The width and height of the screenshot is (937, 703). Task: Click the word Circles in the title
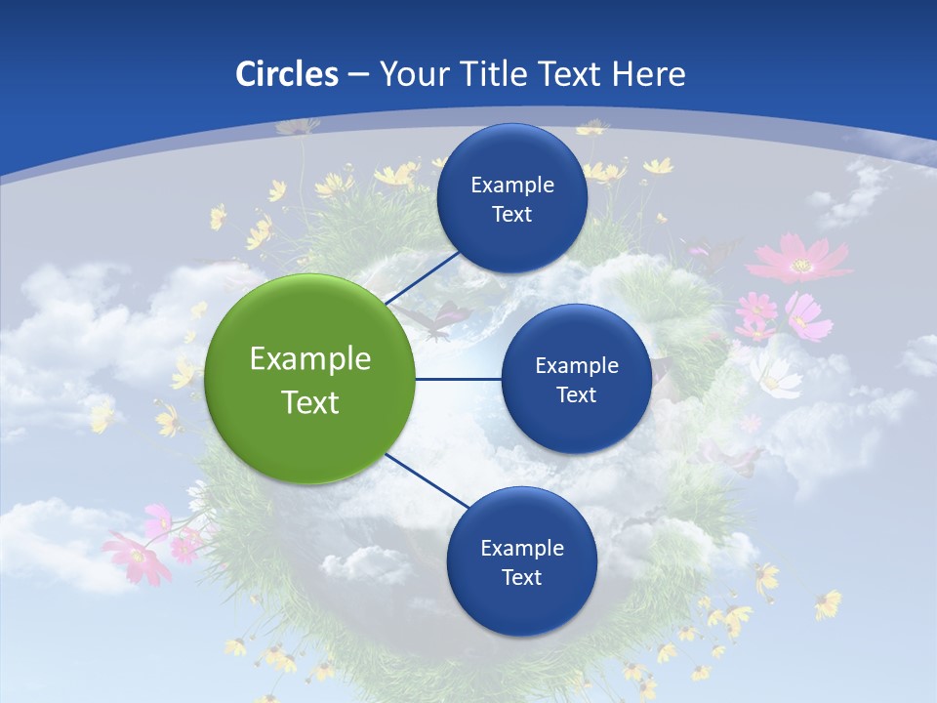click(286, 74)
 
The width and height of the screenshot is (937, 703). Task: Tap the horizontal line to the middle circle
click(458, 379)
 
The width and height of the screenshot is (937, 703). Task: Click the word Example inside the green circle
click(310, 358)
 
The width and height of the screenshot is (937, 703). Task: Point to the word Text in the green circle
click(310, 402)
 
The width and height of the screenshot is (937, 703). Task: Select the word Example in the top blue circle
click(511, 185)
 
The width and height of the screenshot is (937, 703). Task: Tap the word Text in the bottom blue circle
click(521, 577)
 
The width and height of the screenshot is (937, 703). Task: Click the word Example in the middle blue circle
click(576, 365)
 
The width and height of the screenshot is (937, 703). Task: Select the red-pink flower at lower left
click(138, 558)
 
